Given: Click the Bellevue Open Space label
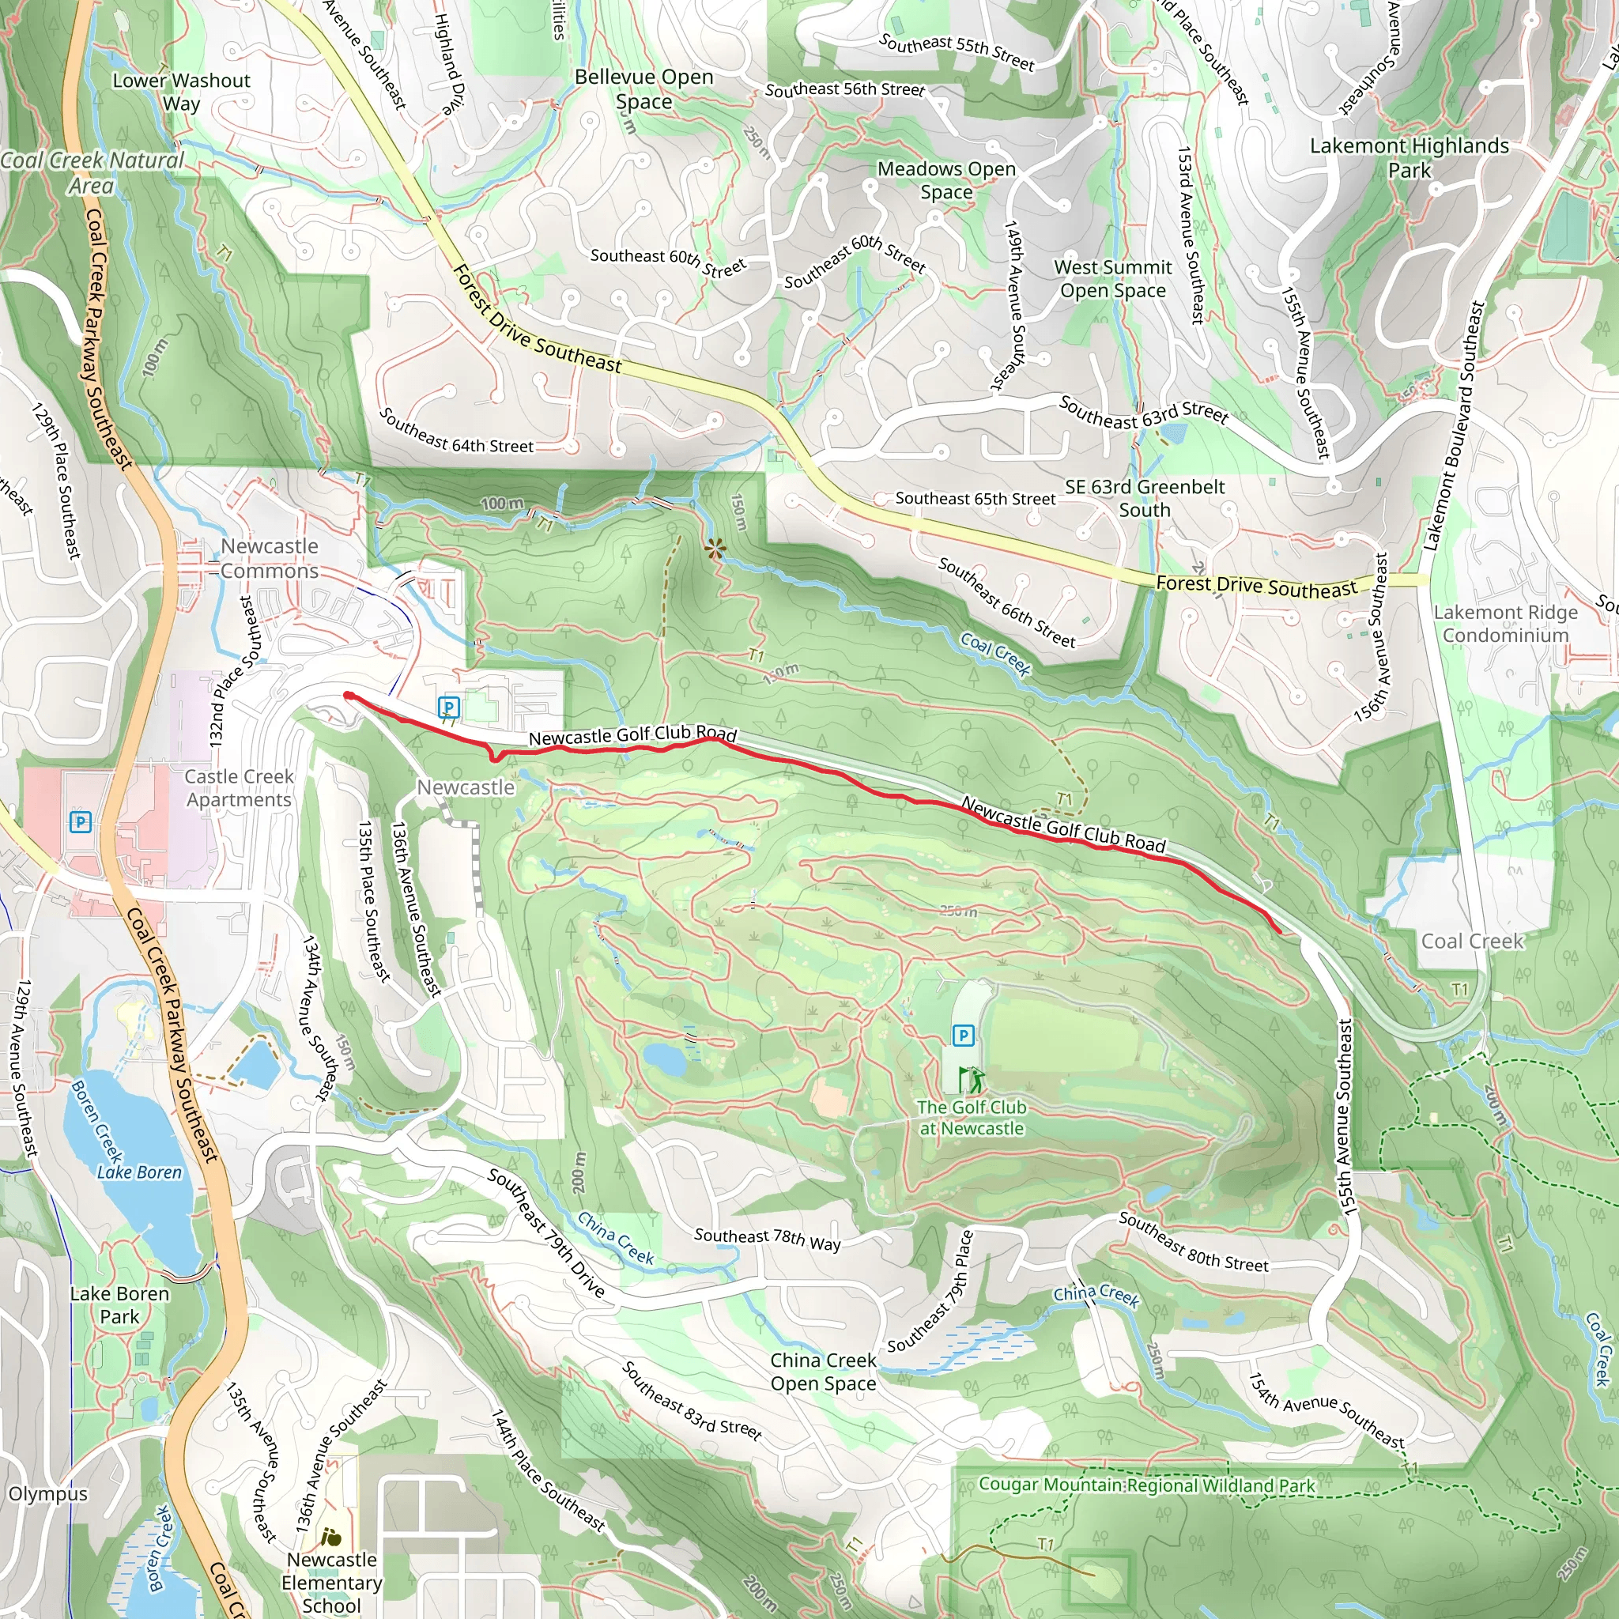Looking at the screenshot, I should [x=643, y=89].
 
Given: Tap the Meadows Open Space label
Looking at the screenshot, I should [x=946, y=180].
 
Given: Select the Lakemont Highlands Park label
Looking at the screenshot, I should [x=1409, y=157].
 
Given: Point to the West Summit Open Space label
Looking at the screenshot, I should [x=1112, y=278].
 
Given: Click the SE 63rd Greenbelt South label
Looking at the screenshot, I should [x=1144, y=498].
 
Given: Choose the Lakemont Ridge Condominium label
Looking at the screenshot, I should [x=1505, y=624].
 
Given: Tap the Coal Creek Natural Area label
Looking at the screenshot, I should [x=92, y=172].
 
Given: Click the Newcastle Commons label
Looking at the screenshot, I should [x=269, y=558].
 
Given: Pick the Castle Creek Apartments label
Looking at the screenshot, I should [x=239, y=787].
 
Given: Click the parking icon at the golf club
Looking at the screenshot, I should [x=963, y=1036].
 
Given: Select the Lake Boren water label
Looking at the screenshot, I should [x=139, y=1172].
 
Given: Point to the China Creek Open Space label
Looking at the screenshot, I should [x=823, y=1372].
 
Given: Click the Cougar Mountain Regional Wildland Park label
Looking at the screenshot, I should [x=1146, y=1485].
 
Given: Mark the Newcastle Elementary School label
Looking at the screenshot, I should [x=331, y=1582].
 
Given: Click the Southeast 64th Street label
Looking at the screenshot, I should [x=456, y=432].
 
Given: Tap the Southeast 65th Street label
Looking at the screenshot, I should [x=975, y=499].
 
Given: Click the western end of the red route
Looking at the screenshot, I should [x=348, y=695].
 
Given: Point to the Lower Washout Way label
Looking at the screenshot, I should [x=181, y=92].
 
